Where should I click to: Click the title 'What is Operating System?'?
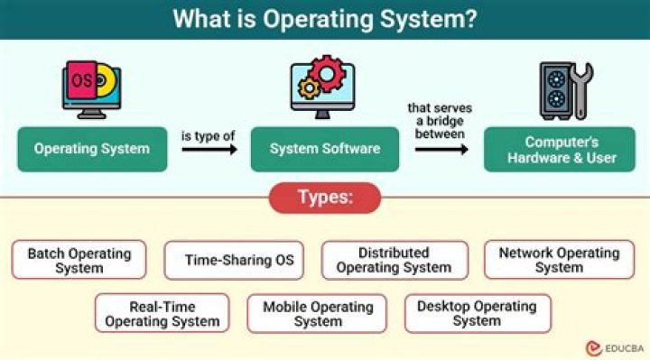(324, 19)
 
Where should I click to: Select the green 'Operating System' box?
(92, 149)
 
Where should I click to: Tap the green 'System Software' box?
(326, 149)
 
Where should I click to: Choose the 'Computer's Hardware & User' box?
(562, 150)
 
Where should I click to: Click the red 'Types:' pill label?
(325, 197)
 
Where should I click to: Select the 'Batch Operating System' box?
(79, 260)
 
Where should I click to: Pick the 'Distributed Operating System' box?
(394, 260)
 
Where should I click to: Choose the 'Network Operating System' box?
(559, 260)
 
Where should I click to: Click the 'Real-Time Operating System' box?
(162, 313)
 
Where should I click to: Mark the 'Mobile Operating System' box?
(318, 313)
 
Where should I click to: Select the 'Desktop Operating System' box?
(477, 313)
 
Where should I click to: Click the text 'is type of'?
(209, 135)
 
